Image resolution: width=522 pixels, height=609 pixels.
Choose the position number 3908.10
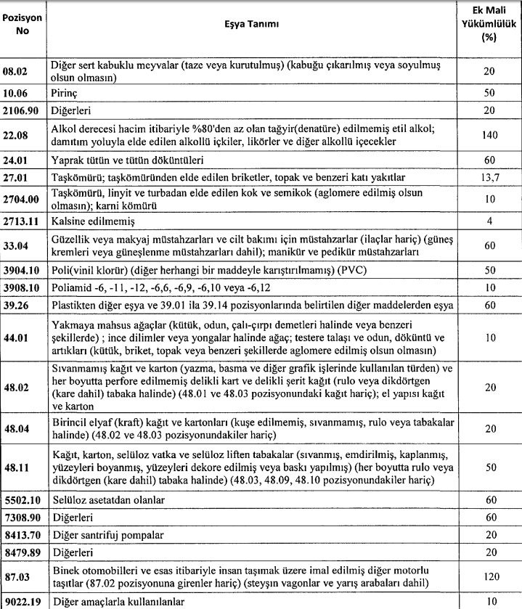coord(22,287)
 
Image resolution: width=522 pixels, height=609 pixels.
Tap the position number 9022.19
coord(22,601)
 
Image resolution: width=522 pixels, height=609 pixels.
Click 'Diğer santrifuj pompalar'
coord(107,534)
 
